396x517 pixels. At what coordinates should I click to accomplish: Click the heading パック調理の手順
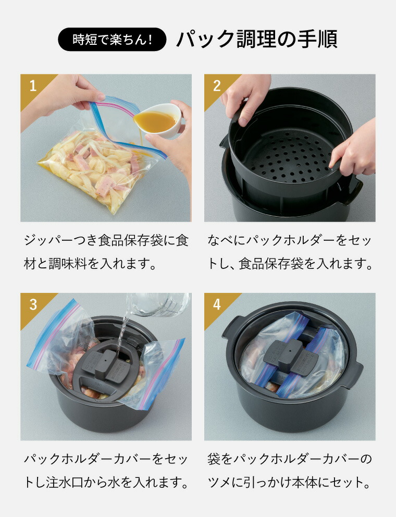(x=256, y=39)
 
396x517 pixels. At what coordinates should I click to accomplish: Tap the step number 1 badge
(x=32, y=85)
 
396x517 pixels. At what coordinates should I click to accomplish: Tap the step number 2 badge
(x=216, y=85)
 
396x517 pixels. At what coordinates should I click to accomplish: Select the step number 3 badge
(x=32, y=304)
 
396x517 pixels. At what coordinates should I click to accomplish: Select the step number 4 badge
(x=216, y=304)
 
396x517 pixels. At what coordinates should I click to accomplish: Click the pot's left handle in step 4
(x=231, y=326)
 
